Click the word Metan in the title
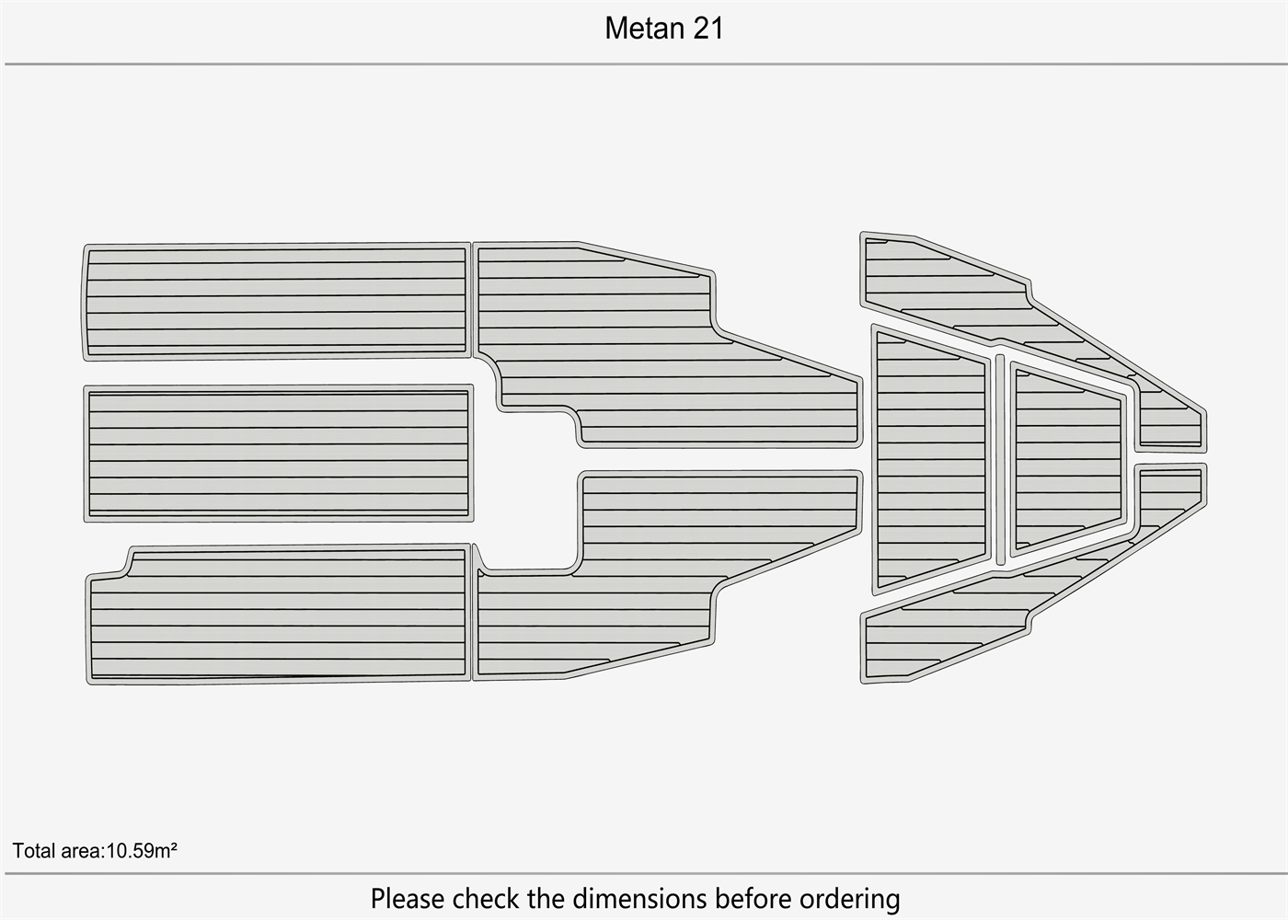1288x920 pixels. (x=645, y=29)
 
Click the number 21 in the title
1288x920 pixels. (x=707, y=29)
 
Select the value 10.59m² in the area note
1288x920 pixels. (x=142, y=850)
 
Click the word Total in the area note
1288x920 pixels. (x=33, y=851)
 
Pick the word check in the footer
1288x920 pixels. (x=487, y=898)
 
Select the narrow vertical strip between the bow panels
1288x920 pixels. (x=1001, y=459)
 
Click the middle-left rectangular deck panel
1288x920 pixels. (x=279, y=454)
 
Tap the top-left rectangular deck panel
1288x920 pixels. (x=276, y=302)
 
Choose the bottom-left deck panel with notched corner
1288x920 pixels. (x=279, y=615)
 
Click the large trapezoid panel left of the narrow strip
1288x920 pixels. (x=930, y=459)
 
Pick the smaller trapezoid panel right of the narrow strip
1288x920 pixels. (x=1068, y=459)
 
